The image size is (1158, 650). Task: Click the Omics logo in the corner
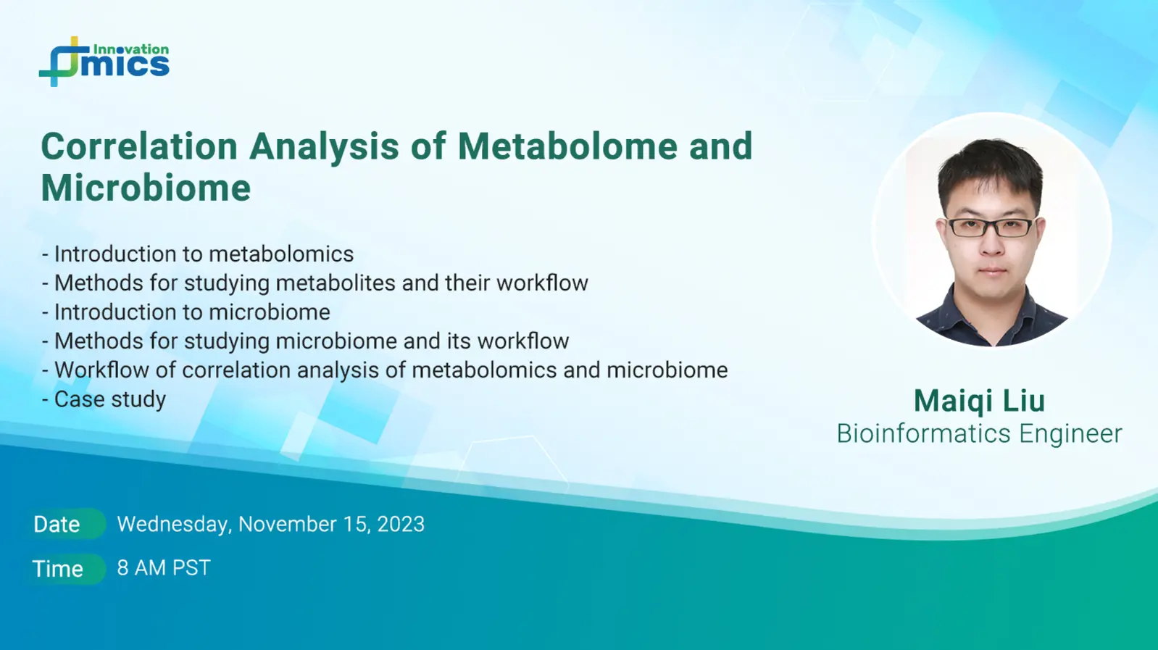pos(104,62)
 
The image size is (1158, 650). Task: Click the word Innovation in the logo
pos(130,50)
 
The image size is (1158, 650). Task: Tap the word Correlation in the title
pos(139,146)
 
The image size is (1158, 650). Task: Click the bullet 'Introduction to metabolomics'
pos(198,254)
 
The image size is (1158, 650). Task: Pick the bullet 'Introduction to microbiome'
pos(186,312)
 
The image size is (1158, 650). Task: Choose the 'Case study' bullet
pos(104,400)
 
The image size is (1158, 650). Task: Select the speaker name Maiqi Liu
pos(979,401)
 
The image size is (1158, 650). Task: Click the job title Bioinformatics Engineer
pos(979,433)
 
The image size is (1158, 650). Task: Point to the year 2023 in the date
pos(401,524)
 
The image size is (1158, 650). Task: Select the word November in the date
pos(287,524)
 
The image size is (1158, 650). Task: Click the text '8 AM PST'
pos(164,568)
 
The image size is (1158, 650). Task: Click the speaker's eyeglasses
pos(991,227)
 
